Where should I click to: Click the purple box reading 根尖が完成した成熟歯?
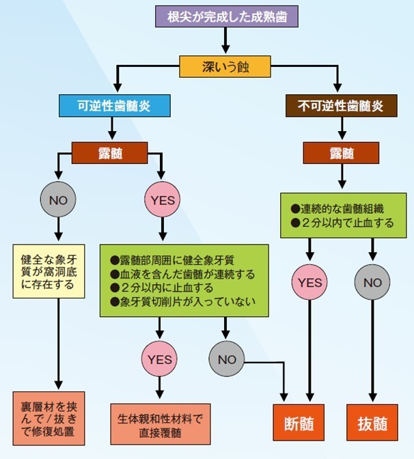pyautogui.click(x=226, y=16)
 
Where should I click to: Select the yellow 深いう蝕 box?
pyautogui.click(x=225, y=67)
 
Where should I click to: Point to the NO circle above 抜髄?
pyautogui.click(x=372, y=281)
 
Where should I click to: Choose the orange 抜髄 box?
pyautogui.click(x=372, y=423)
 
